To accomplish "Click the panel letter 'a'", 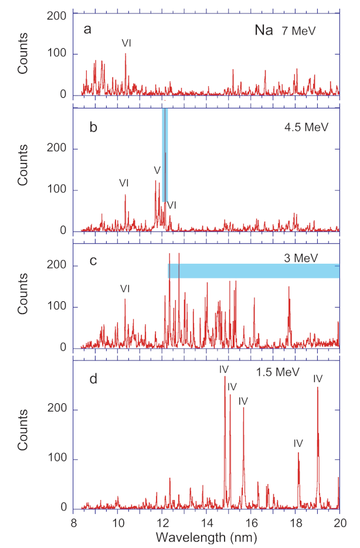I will pyautogui.click(x=86, y=28).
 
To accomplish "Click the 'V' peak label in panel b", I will pyautogui.click(x=157, y=170).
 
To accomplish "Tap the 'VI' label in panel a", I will pyautogui.click(x=126, y=43).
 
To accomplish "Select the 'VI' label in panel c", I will pyautogui.click(x=125, y=288).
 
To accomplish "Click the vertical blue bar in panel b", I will pyautogui.click(x=165, y=155).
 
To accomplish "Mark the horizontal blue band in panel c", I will pyautogui.click(x=253, y=271).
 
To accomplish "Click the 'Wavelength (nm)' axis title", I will pyautogui.click(x=206, y=536).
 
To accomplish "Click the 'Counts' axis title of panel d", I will pyautogui.click(x=23, y=435).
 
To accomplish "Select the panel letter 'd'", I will pyautogui.click(x=86, y=379).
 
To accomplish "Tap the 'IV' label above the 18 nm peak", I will pyautogui.click(x=298, y=443).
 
